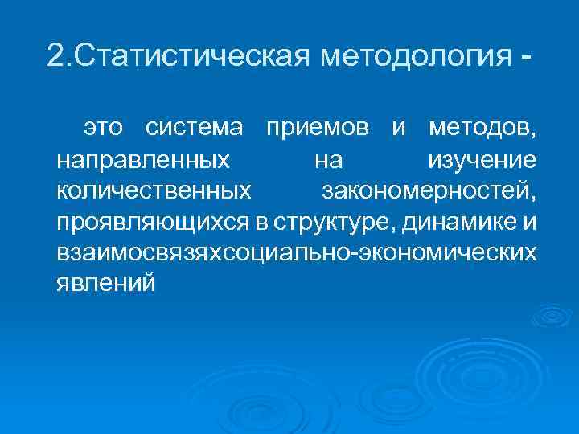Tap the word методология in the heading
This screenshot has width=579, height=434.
click(415, 56)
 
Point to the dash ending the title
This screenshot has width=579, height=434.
click(525, 58)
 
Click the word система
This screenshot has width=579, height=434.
click(195, 129)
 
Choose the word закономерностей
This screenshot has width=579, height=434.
click(429, 191)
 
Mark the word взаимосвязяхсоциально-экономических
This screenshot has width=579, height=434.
click(297, 253)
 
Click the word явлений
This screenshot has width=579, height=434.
click(107, 284)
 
